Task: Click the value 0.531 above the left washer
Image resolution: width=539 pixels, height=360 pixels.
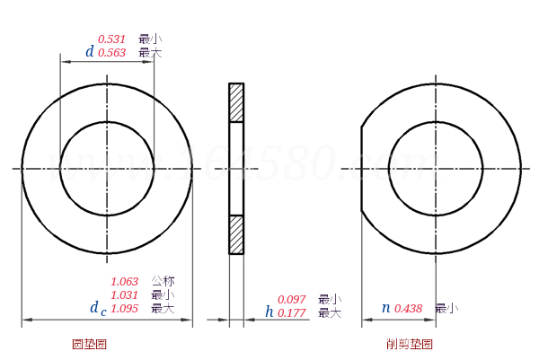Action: (x=111, y=40)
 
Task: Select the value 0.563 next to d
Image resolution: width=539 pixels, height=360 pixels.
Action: (x=111, y=53)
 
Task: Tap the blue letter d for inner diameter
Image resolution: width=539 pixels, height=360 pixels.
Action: (x=89, y=52)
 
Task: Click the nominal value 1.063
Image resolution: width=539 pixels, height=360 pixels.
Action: (x=124, y=282)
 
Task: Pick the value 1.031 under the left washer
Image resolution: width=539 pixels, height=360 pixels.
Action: (x=124, y=295)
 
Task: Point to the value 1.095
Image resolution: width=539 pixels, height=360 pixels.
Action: (x=124, y=309)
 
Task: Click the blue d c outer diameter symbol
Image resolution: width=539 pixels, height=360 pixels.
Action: (x=97, y=309)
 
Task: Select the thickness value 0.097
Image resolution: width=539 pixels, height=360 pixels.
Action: (x=291, y=300)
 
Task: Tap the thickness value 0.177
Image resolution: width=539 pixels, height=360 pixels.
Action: (x=291, y=313)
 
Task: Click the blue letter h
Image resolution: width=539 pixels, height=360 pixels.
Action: (x=269, y=312)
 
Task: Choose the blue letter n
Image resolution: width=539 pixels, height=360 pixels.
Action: (x=385, y=308)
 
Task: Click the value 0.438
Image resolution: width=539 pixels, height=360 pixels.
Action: (x=408, y=309)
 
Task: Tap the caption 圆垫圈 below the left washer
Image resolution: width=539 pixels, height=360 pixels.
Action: (x=89, y=345)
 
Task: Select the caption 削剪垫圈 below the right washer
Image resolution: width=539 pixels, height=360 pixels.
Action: (x=409, y=345)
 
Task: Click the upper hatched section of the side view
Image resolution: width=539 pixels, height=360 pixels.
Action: (x=236, y=102)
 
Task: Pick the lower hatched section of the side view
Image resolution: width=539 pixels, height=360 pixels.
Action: (x=236, y=234)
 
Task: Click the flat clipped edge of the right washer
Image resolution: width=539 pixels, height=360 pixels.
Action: (x=362, y=169)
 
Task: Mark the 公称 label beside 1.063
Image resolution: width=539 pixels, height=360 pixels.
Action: (x=163, y=282)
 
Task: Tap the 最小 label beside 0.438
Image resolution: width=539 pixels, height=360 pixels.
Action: (x=446, y=309)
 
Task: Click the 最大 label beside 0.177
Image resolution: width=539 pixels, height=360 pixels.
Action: (x=330, y=313)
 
